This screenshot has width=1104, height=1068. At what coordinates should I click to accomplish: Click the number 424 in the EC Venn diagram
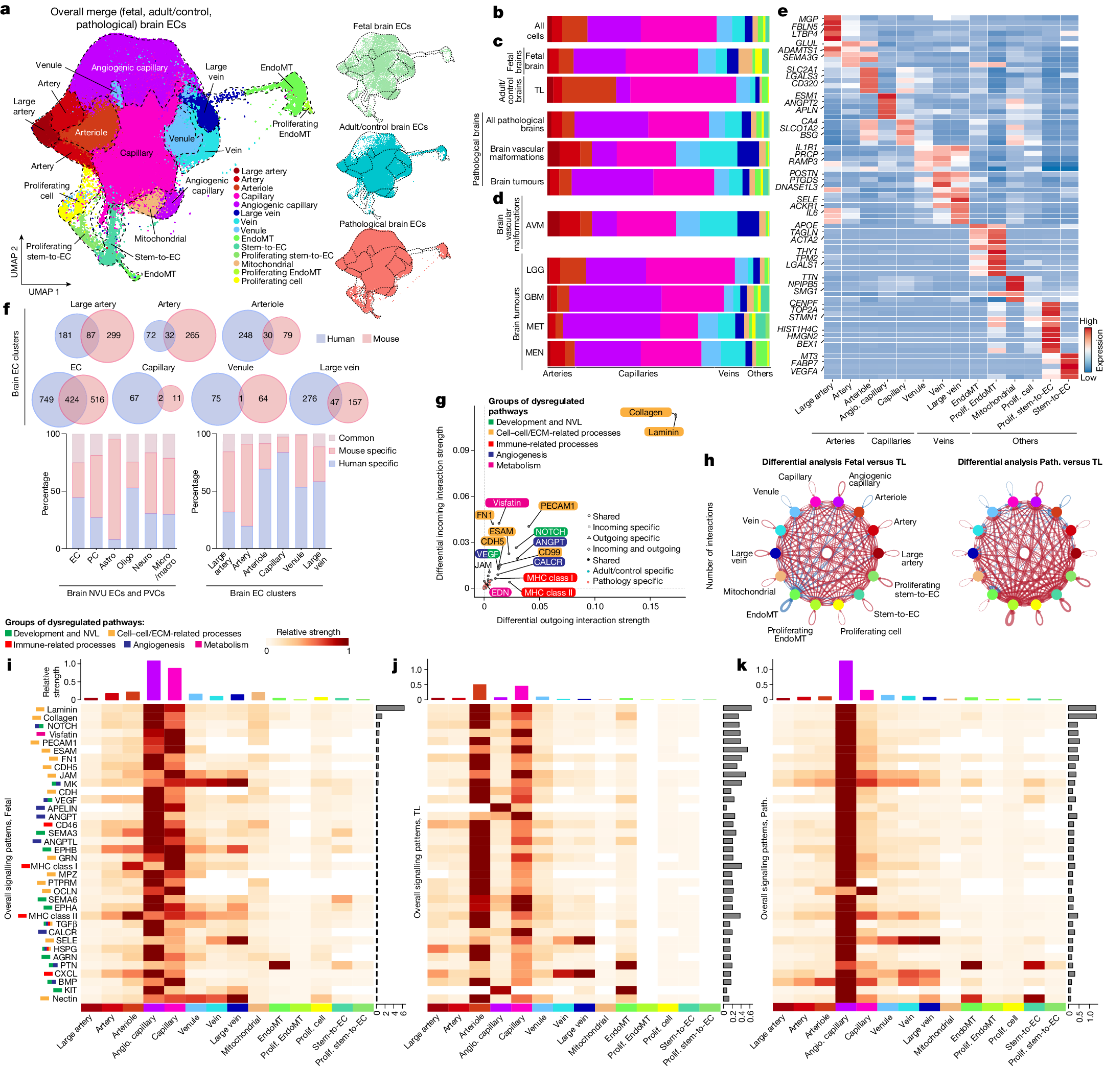(x=72, y=400)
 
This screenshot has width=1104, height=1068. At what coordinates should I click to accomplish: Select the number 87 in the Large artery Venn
(x=90, y=335)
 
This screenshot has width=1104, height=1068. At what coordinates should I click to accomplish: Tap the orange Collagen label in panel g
(x=646, y=412)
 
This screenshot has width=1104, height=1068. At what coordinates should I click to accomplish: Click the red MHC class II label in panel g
(x=547, y=592)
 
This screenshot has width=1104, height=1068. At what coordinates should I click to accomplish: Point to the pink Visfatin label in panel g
(x=507, y=503)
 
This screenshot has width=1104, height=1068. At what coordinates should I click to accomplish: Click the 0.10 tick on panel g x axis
(x=595, y=606)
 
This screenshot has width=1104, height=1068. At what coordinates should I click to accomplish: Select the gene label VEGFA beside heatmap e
(x=804, y=371)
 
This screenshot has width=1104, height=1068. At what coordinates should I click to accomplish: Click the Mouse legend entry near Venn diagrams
(x=385, y=339)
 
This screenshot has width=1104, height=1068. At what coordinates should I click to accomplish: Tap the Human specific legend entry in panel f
(x=367, y=463)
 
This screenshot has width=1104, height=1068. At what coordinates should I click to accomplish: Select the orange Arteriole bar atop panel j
(x=479, y=692)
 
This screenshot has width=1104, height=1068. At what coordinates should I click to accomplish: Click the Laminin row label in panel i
(x=61, y=709)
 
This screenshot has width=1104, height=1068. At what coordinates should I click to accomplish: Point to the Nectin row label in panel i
(x=64, y=998)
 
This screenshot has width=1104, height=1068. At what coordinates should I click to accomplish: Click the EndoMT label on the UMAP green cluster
(x=276, y=67)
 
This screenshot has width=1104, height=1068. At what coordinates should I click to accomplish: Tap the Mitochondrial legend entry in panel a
(x=266, y=264)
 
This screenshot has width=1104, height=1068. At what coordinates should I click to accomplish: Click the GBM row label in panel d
(x=534, y=297)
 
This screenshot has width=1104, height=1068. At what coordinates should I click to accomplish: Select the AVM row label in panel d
(x=535, y=225)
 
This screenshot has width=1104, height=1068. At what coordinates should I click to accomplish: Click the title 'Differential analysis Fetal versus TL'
(x=834, y=462)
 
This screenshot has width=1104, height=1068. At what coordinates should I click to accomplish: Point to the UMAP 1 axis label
(x=44, y=292)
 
